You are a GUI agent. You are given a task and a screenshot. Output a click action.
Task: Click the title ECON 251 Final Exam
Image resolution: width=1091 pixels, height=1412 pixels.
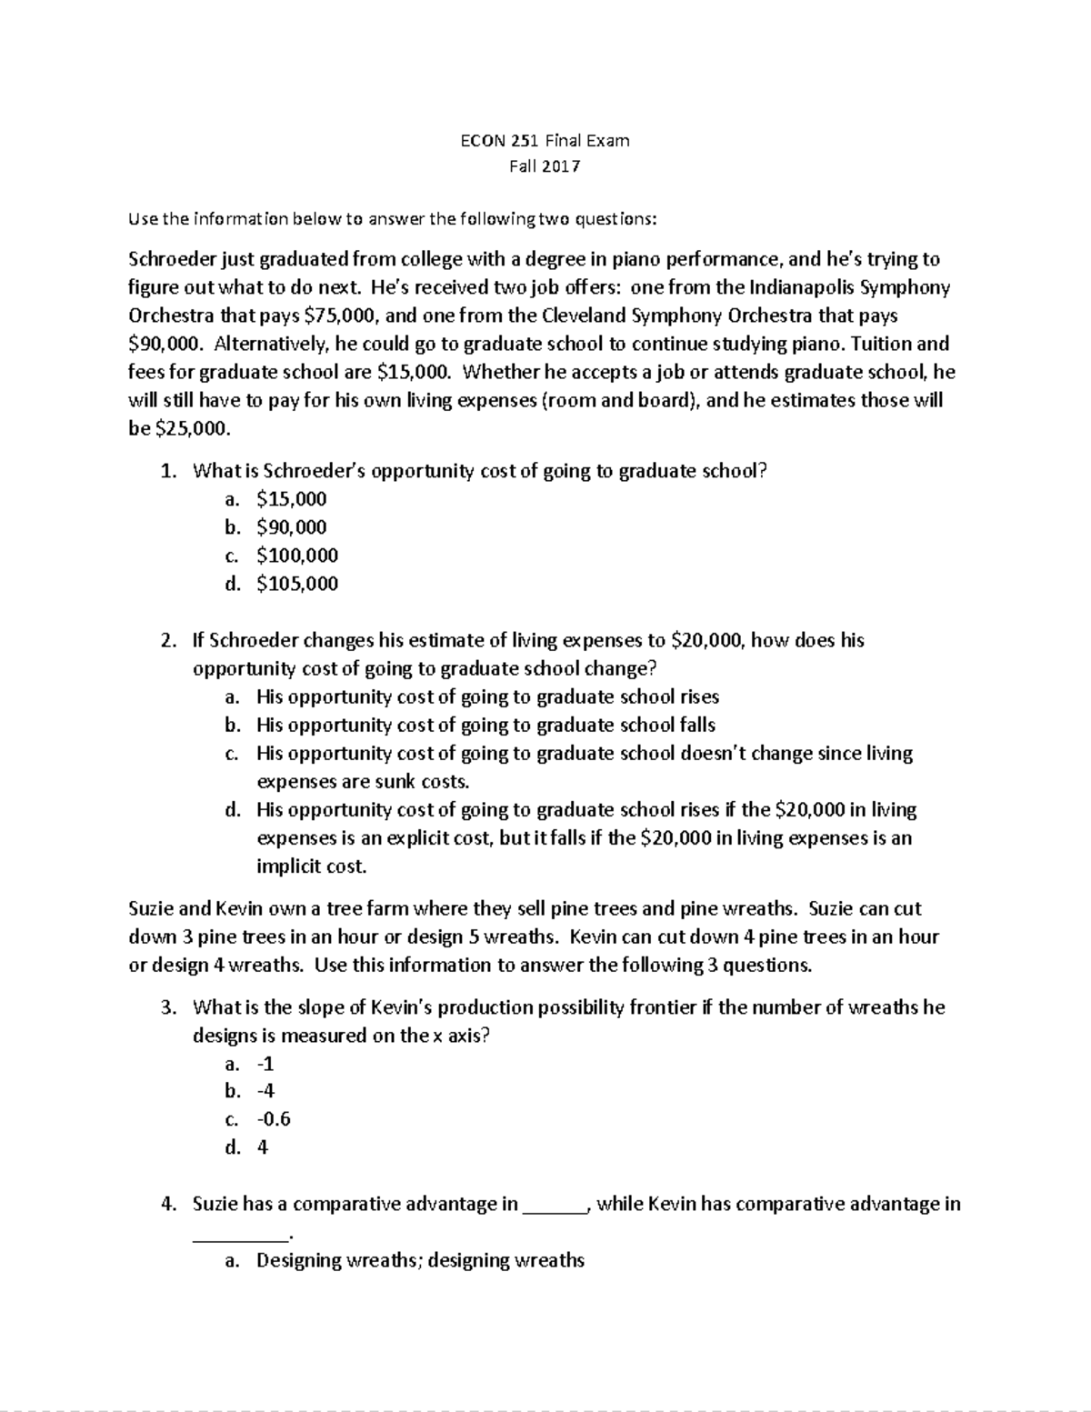point(545,141)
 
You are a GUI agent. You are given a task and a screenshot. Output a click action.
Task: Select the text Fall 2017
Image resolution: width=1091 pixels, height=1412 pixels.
point(545,166)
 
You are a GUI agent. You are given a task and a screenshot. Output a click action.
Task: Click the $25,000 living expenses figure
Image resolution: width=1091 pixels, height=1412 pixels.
point(181,429)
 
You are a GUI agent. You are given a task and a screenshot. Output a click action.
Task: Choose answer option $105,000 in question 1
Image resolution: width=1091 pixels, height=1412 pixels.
point(297,584)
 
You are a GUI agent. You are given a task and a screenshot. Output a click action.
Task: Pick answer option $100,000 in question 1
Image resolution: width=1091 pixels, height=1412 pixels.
point(297,556)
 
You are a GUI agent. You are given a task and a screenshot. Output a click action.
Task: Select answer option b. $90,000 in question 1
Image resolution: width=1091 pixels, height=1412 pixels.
point(291,527)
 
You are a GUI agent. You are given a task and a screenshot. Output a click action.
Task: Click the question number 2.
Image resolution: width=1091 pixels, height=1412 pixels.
point(167,640)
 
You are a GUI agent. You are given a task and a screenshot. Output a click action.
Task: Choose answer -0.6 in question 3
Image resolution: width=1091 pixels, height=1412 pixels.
point(274,1119)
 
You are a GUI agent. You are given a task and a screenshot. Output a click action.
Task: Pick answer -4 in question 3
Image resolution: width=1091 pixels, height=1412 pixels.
point(265,1091)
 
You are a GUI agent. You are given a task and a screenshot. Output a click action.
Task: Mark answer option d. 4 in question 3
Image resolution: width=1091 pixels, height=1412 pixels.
point(262,1147)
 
